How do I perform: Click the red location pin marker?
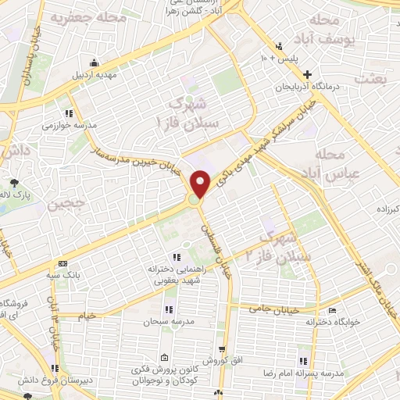pyautogui.click(x=202, y=184)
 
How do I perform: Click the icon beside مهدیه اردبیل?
pyautogui.click(x=95, y=63)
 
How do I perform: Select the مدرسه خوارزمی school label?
pyautogui.click(x=69, y=125)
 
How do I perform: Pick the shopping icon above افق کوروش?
pyautogui.click(x=222, y=349)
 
